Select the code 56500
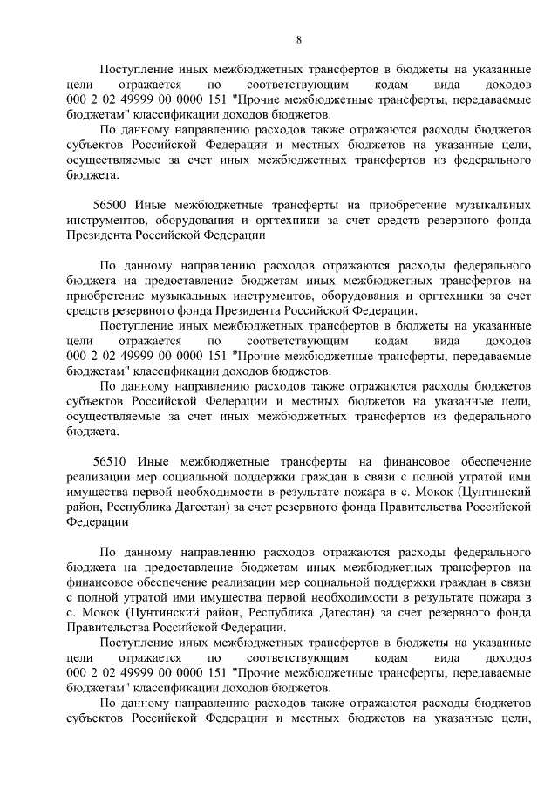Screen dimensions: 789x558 [114, 204]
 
